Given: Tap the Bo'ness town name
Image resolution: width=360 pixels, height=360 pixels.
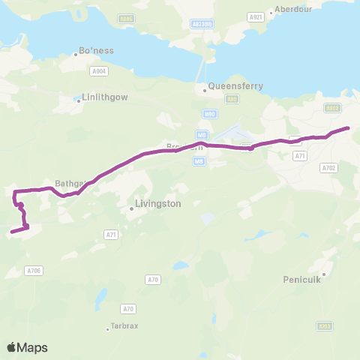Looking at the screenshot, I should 97,51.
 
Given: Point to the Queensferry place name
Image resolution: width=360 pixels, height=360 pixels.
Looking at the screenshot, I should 235,86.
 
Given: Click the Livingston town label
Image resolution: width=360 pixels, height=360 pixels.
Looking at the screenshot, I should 157,202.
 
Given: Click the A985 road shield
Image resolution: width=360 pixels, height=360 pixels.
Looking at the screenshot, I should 127,18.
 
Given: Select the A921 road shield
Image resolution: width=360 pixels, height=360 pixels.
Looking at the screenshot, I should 256,16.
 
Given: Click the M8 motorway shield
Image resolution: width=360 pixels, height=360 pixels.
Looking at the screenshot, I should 199,160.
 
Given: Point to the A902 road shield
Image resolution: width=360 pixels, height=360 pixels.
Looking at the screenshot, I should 333,108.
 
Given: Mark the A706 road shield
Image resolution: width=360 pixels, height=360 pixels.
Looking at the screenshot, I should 33,271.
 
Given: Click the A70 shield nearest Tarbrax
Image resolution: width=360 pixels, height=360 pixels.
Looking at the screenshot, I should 128,308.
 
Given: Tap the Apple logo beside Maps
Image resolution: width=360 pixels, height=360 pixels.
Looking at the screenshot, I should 12,347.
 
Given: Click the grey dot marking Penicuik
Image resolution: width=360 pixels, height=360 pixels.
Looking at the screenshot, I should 324,274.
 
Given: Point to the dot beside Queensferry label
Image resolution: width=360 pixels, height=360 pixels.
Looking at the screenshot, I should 204,91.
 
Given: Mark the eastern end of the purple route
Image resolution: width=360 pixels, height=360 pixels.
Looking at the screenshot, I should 348,129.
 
